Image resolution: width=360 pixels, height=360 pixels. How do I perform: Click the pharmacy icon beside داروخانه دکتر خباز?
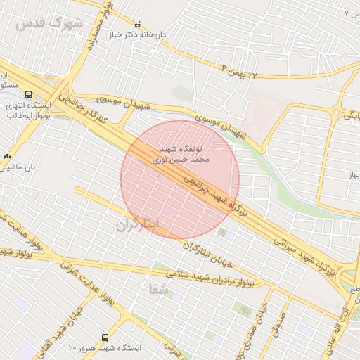pos(137,24)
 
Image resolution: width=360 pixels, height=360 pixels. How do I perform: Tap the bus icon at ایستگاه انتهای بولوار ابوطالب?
pos(28,94)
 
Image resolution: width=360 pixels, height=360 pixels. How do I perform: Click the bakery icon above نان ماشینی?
pos(7,156)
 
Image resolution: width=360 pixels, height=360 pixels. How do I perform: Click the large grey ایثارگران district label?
pos(139,224)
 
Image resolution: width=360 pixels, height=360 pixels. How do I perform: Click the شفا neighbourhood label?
pos(159,288)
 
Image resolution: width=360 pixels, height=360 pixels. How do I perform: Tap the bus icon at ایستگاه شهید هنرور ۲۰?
pos(105,337)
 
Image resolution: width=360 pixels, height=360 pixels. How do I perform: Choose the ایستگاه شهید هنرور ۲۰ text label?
pos(105,348)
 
